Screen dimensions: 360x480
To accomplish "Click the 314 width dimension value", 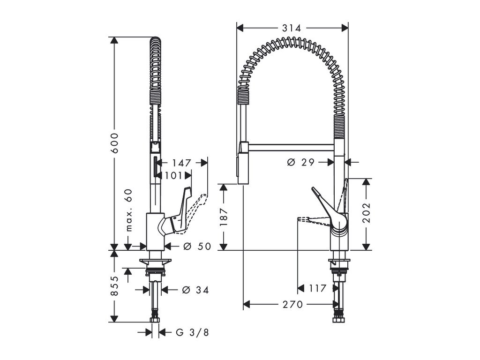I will (292, 28).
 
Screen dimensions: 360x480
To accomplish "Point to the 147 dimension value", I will (181, 163).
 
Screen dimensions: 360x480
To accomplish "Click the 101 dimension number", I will (173, 175).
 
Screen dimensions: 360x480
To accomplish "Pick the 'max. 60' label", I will (129, 210).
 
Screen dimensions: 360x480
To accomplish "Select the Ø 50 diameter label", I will (197, 246).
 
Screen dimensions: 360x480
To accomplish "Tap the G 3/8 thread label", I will (192, 333).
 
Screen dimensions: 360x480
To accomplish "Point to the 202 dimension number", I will (367, 213).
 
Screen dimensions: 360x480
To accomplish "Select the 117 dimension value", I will (317, 289).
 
